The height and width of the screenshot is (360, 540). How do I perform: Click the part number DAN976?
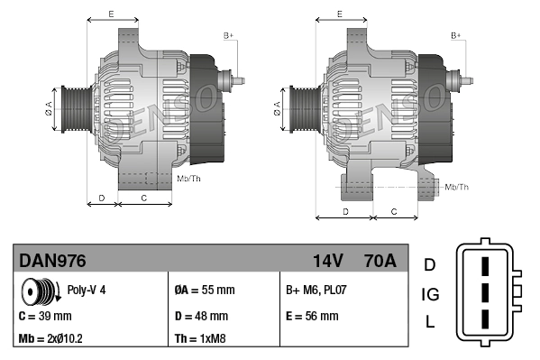[x=53, y=261]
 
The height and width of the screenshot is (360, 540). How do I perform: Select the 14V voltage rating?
[x=327, y=261]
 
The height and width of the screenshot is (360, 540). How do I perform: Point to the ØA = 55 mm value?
[x=204, y=290]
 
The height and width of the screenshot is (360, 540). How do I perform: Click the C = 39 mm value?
[x=45, y=316]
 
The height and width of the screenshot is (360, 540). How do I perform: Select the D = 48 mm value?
[x=201, y=316]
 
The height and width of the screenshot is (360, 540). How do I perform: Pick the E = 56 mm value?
[x=312, y=316]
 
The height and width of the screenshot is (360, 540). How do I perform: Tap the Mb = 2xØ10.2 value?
[x=52, y=339]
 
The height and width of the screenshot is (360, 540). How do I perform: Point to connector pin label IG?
[x=430, y=293]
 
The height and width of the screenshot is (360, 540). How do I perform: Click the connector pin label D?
[x=430, y=264]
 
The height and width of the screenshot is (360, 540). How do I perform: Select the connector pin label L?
[x=430, y=322]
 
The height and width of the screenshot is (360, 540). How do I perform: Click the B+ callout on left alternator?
[x=228, y=35]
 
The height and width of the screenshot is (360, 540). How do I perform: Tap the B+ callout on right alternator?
[x=455, y=35]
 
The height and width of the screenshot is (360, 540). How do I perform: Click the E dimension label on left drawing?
[x=110, y=14]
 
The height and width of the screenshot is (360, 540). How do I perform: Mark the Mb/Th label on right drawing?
[x=457, y=187]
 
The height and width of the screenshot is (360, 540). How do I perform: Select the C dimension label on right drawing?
[x=394, y=211]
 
